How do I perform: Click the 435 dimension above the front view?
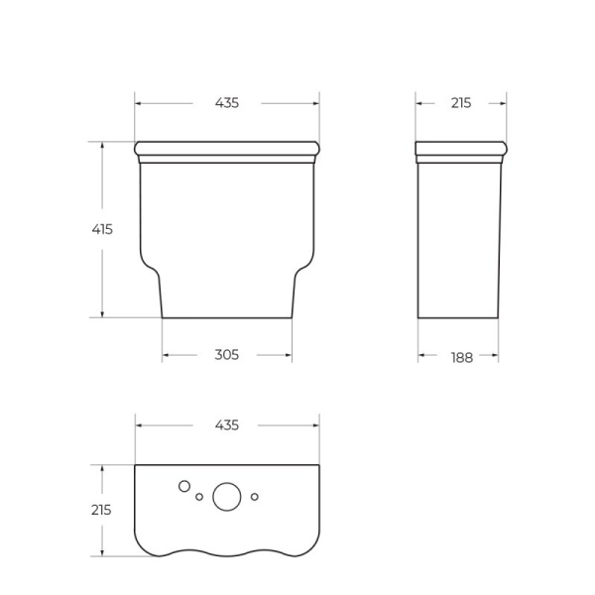coord(226,103)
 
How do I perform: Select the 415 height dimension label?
coord(102,229)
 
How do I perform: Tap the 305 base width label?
coord(226,355)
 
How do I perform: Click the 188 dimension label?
coord(461,357)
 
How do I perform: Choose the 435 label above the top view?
coord(226,425)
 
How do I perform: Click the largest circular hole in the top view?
coord(227,498)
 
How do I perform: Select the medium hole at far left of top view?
coord(183,486)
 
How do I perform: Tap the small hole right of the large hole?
coord(255,496)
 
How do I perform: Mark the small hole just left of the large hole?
coord(199,496)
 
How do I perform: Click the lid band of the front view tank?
coord(227,150)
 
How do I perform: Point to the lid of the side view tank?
coord(461,150)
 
